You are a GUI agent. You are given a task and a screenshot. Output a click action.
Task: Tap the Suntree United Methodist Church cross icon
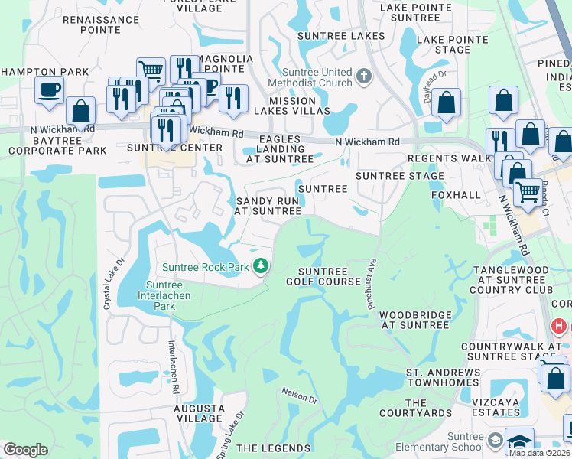[x=364, y=76]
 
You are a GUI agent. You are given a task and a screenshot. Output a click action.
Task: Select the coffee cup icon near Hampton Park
[x=49, y=90]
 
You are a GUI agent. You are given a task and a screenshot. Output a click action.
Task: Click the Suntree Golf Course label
[x=323, y=276]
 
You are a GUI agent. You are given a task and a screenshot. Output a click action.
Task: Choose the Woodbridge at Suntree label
[x=414, y=320]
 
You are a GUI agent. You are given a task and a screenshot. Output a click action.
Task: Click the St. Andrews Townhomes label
[x=444, y=379]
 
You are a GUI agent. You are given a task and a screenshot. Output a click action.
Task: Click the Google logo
[x=25, y=450]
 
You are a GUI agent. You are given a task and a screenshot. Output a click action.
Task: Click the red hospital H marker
[x=560, y=326]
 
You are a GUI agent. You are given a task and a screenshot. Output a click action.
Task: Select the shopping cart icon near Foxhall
[x=527, y=191]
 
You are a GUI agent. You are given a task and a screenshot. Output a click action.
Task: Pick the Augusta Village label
[x=199, y=414]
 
